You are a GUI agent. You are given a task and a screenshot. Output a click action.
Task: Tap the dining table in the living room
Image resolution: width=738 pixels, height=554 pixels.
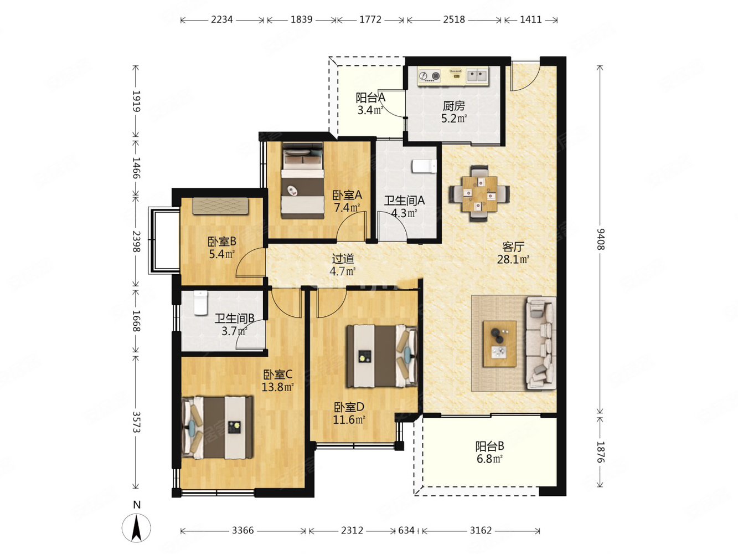pos(479,194)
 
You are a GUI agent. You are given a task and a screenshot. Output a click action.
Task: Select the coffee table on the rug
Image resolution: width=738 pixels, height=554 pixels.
pos(499,343)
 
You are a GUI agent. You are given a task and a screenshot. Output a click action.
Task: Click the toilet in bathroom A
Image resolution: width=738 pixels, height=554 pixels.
pos(424,166)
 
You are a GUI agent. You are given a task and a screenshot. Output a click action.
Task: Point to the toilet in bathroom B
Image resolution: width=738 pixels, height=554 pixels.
pos(201,302)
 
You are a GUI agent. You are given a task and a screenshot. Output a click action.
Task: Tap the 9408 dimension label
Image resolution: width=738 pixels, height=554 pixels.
pos(600,239)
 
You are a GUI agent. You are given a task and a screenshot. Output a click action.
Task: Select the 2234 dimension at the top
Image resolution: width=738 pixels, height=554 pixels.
pos(221,19)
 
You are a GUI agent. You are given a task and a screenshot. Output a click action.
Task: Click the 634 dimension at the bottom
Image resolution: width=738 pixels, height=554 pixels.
pos(406,530)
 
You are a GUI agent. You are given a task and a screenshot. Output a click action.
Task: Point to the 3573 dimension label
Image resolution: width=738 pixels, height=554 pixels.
pos(136,422)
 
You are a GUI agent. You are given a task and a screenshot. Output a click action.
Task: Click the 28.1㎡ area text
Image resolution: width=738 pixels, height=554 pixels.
pos(513,259)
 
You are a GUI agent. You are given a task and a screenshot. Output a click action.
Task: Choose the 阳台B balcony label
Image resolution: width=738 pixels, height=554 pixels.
pos(489,446)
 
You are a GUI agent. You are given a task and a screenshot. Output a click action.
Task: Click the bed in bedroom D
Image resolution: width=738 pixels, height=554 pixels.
pos(382,356)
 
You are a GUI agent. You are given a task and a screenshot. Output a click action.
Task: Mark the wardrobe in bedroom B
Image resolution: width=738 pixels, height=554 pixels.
pos(220,206)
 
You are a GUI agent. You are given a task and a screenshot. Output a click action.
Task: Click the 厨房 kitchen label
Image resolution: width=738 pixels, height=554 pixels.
pos(454,106)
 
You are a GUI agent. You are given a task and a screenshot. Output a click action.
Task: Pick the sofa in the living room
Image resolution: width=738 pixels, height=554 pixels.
pos(541,343)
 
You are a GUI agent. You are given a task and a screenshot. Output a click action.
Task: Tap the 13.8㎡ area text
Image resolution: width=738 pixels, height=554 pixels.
pos(278,387)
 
